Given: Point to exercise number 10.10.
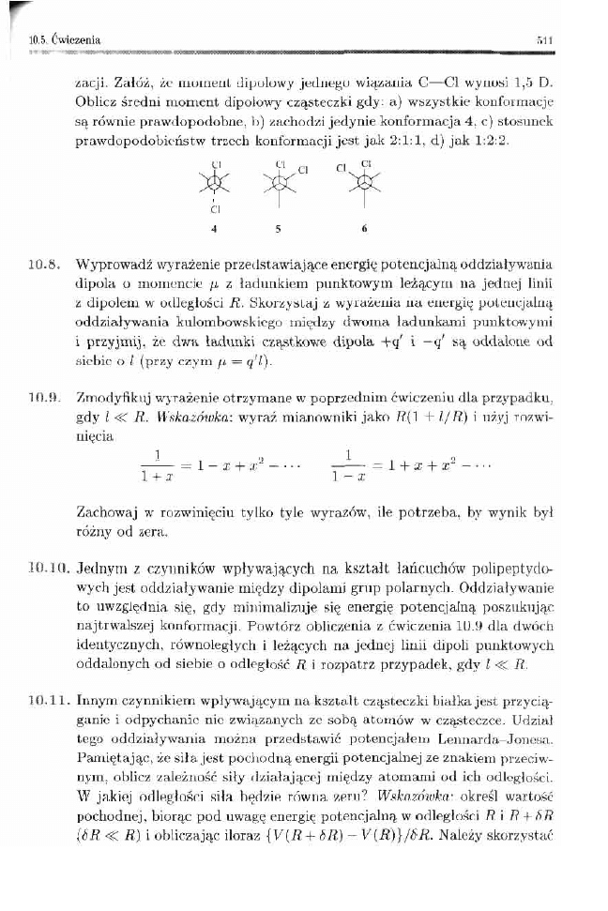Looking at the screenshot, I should pyautogui.click(x=44, y=569).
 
